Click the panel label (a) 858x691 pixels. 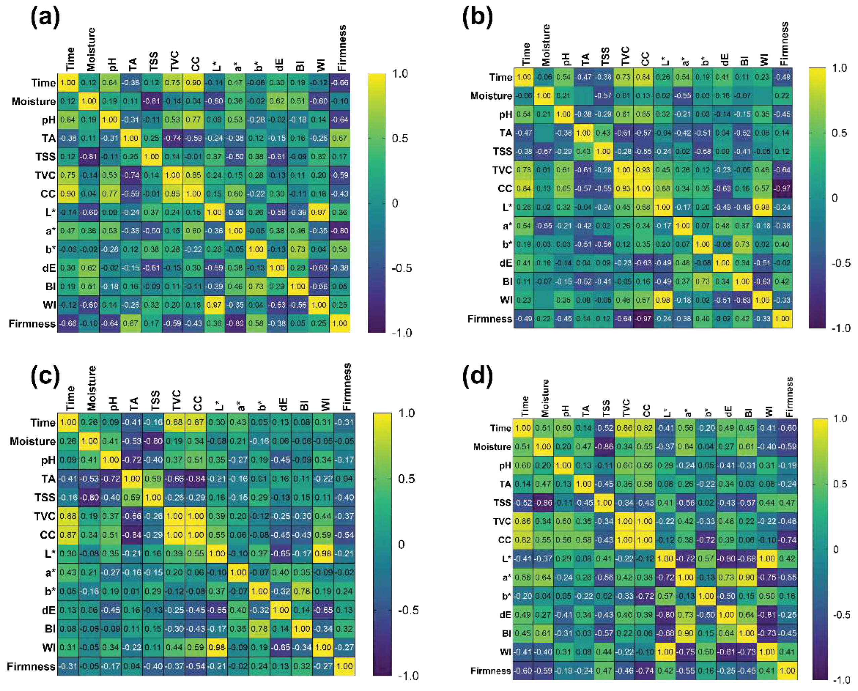coord(45,18)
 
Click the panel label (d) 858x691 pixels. coord(477,376)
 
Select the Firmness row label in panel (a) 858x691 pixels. coord(32,323)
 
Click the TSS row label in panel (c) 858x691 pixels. coord(45,498)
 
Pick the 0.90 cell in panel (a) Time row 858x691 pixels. coord(193,83)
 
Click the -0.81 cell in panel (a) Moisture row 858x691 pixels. coord(152,101)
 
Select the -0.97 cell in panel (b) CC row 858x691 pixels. coord(782,188)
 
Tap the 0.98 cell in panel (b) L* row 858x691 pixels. coord(762,207)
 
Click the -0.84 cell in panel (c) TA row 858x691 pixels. coord(195,478)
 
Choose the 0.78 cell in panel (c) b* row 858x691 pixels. coord(302,591)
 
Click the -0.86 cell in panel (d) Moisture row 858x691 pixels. coord(604,446)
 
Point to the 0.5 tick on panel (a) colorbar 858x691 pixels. coord(400,138)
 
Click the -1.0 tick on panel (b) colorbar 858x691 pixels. coord(841,328)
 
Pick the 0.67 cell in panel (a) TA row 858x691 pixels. coord(340,138)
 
